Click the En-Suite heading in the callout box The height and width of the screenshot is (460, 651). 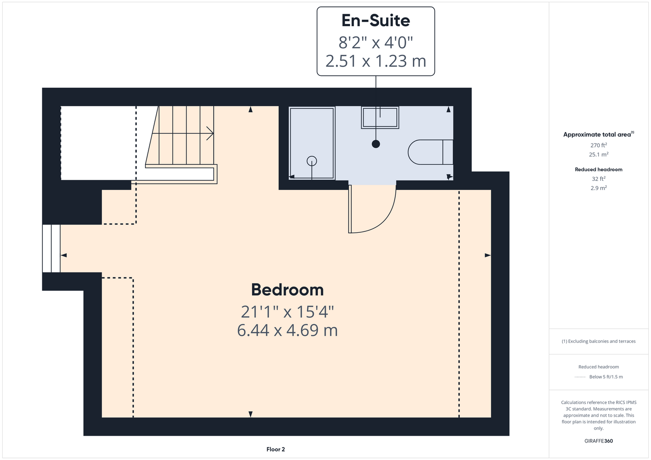(x=375, y=21)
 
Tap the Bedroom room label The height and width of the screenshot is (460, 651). (x=287, y=290)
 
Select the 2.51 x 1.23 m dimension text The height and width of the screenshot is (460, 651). (x=375, y=61)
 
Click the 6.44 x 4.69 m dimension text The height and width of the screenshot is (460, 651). (x=287, y=330)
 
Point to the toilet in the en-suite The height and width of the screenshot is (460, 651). (x=430, y=152)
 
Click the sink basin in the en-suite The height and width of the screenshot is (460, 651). (x=380, y=117)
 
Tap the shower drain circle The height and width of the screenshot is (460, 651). (x=311, y=161)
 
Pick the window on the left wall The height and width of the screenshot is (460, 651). (x=52, y=248)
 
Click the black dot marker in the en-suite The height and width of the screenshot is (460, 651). (x=376, y=144)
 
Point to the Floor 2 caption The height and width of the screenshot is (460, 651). (x=276, y=449)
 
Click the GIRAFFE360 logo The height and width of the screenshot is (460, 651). (x=598, y=441)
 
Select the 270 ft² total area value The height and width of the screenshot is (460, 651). (x=598, y=145)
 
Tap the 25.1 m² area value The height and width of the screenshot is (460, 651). (x=598, y=155)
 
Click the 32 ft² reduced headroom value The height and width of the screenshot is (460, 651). (x=598, y=179)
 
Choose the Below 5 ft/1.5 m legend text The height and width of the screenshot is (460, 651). (x=606, y=377)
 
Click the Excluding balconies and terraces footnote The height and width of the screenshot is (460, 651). (x=598, y=341)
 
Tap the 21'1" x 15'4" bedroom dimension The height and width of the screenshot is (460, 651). (x=287, y=312)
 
